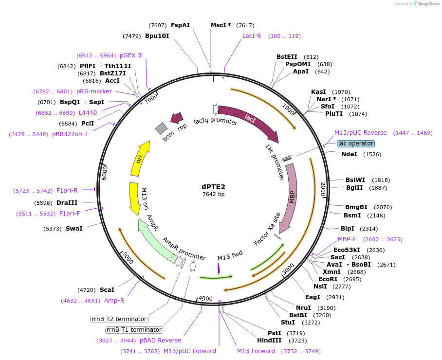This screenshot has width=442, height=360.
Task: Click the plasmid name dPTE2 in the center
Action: (214, 186)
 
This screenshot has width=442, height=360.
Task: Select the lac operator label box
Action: (356, 144)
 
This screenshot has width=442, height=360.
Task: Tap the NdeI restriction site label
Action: (349, 154)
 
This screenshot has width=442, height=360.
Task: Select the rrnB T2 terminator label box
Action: (119, 319)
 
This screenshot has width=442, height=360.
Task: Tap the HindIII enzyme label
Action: (269, 340)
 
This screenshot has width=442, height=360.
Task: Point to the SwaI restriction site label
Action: (74, 228)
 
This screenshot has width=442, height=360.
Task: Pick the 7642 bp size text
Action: (214, 194)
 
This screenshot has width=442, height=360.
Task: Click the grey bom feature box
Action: (161, 128)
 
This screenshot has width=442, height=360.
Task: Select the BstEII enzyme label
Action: (287, 57)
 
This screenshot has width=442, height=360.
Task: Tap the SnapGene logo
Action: (425, 4)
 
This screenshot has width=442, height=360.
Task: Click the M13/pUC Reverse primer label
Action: (360, 133)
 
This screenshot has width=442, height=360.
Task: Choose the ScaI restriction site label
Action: (107, 289)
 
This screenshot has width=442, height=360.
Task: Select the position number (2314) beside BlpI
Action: (368, 229)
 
